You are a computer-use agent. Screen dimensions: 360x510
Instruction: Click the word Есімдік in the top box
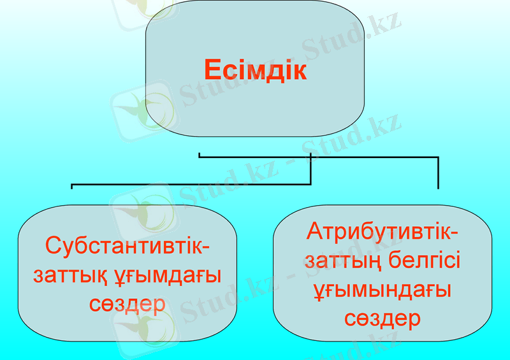tap(255, 70)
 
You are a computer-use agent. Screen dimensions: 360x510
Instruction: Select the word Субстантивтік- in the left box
tap(128, 245)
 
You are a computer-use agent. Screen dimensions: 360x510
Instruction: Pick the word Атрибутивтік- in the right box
tap(382, 231)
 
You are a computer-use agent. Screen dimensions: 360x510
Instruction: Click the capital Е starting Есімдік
tap(212, 70)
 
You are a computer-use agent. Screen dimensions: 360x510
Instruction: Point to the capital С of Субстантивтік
tap(52, 245)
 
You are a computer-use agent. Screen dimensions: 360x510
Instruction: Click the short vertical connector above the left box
tap(71, 187)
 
